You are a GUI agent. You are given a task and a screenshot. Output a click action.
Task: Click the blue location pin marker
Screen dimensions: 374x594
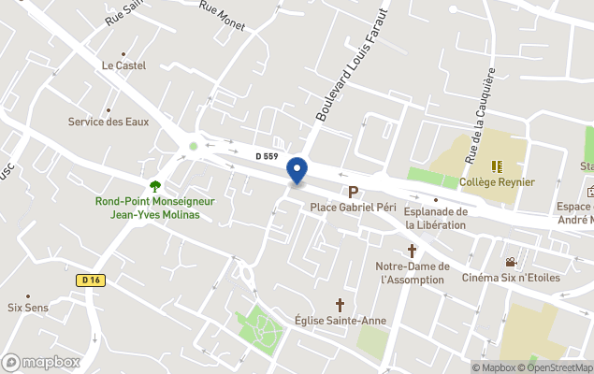(297, 171)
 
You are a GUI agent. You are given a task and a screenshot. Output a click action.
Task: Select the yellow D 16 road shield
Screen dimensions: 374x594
(89, 279)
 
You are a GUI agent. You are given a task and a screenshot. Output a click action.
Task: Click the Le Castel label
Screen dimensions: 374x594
(123, 65)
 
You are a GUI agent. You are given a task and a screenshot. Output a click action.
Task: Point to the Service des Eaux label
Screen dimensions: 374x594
(109, 122)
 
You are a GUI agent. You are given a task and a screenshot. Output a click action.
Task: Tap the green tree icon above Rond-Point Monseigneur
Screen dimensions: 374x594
(155, 186)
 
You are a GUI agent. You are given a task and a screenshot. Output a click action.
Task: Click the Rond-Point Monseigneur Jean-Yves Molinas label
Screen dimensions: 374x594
(155, 208)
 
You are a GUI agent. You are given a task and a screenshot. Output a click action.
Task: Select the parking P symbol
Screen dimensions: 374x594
(354, 192)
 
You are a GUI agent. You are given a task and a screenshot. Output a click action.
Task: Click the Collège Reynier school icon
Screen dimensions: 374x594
(498, 166)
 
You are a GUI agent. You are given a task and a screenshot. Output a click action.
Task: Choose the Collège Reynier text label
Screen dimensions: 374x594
(498, 181)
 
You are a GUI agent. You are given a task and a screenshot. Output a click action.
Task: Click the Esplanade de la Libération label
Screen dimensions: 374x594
(436, 218)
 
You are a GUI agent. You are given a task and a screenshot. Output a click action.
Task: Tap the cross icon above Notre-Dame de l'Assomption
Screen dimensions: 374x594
(412, 251)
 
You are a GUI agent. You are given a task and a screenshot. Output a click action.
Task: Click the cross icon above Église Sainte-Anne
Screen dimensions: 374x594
(340, 305)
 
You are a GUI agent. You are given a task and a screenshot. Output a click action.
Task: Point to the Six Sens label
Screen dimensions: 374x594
(27, 306)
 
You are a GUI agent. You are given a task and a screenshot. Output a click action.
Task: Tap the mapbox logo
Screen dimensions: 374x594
(41, 362)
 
